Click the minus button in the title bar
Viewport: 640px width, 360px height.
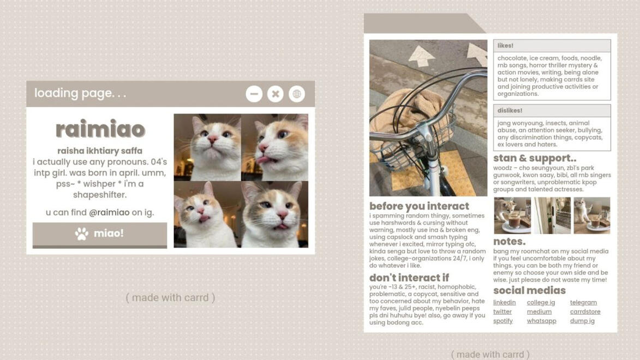[x=254, y=94]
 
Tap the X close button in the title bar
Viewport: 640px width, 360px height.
[x=276, y=94]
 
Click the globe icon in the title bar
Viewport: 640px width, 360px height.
[x=297, y=94]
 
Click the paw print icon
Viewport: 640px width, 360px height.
[x=82, y=233]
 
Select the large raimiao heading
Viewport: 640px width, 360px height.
[x=100, y=129]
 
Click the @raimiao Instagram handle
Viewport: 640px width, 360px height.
[x=109, y=212]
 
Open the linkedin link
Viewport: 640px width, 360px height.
[x=504, y=302]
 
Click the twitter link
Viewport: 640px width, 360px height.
[x=502, y=311]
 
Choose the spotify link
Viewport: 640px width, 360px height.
[x=503, y=321]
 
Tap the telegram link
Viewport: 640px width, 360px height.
[x=583, y=302]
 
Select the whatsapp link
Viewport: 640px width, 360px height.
[x=541, y=321]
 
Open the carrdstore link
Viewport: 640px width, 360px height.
[x=585, y=311]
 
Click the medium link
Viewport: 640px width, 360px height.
[x=539, y=311]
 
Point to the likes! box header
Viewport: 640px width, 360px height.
[x=552, y=46]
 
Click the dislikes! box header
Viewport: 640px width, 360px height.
[x=552, y=111]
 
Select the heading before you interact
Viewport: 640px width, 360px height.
[x=419, y=206]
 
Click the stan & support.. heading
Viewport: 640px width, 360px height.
[x=535, y=158]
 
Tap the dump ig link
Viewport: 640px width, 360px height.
[x=582, y=321]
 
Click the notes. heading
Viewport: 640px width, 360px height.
[x=509, y=242]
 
